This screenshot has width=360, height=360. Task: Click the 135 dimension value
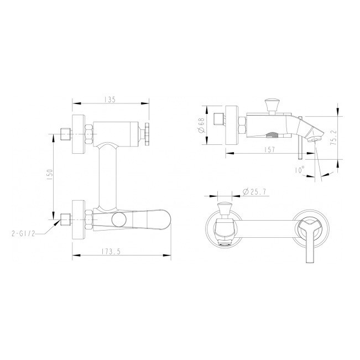point(109,100)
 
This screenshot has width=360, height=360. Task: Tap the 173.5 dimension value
point(111,252)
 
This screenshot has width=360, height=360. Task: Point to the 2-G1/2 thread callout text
point(23,234)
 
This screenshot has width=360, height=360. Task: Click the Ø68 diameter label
point(201,126)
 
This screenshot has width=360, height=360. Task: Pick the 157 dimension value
point(269,150)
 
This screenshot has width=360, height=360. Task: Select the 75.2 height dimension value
point(333,137)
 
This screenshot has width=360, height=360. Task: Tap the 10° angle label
point(300,170)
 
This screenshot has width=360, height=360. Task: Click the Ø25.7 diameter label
point(255,192)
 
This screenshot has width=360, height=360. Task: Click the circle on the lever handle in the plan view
point(119,220)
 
